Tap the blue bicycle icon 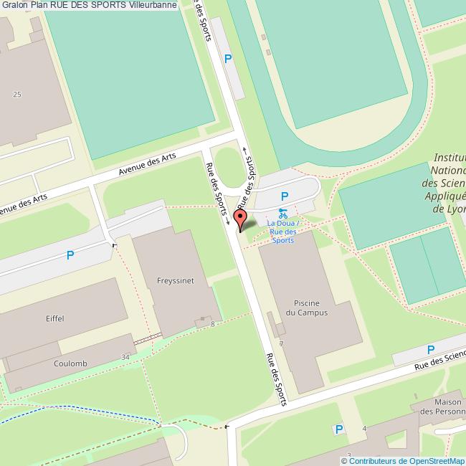coord(282,213)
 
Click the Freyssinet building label coord(173,280)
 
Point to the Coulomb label coord(70,363)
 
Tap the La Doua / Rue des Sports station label coord(282,232)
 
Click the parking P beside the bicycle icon coord(285,196)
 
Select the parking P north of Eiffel coord(70,255)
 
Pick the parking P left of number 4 coord(339,429)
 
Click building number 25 coord(17,94)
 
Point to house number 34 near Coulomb coord(125,357)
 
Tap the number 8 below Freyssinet coord(213,325)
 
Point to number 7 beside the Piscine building coord(282,343)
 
